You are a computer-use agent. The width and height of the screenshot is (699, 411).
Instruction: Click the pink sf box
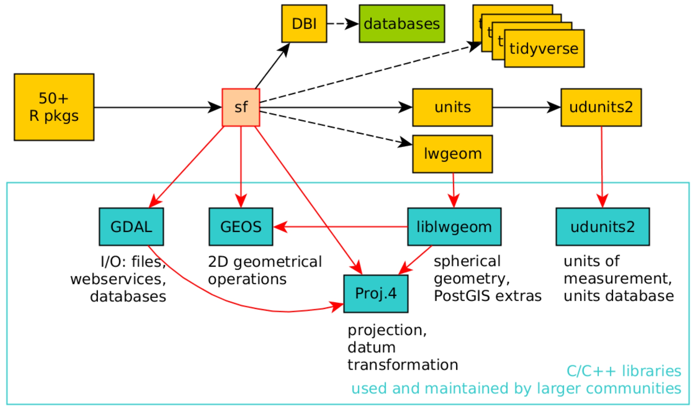pyautogui.click(x=241, y=107)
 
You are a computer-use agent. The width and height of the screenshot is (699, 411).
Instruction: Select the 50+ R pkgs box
pyautogui.click(x=54, y=107)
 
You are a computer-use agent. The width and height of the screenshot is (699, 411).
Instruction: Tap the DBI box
pyautogui.click(x=304, y=23)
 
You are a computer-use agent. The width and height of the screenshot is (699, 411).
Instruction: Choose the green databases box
pyautogui.click(x=401, y=23)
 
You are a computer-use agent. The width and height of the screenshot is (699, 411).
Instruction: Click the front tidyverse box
pyautogui.click(x=544, y=49)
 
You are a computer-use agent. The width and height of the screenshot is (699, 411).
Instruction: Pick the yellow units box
pyautogui.click(x=452, y=107)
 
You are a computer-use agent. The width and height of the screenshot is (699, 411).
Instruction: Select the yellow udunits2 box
pyautogui.click(x=601, y=107)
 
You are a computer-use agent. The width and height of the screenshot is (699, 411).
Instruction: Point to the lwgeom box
pyautogui.click(x=452, y=154)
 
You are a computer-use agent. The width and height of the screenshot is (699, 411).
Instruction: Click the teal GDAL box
pyautogui.click(x=131, y=227)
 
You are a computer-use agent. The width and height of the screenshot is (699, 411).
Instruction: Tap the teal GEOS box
pyautogui.click(x=241, y=227)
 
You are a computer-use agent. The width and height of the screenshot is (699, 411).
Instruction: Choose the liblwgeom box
pyautogui.click(x=454, y=227)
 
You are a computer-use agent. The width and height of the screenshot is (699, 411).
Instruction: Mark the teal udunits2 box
pyautogui.click(x=603, y=227)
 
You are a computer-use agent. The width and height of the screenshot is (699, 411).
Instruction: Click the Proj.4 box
pyautogui.click(x=376, y=294)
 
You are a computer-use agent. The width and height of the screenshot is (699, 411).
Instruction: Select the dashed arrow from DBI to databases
pyautogui.click(x=342, y=23)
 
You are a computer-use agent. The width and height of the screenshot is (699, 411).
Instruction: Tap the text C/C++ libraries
pyautogui.click(x=623, y=371)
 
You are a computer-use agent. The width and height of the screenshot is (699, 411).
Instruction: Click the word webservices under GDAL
pyautogui.click(x=118, y=279)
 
